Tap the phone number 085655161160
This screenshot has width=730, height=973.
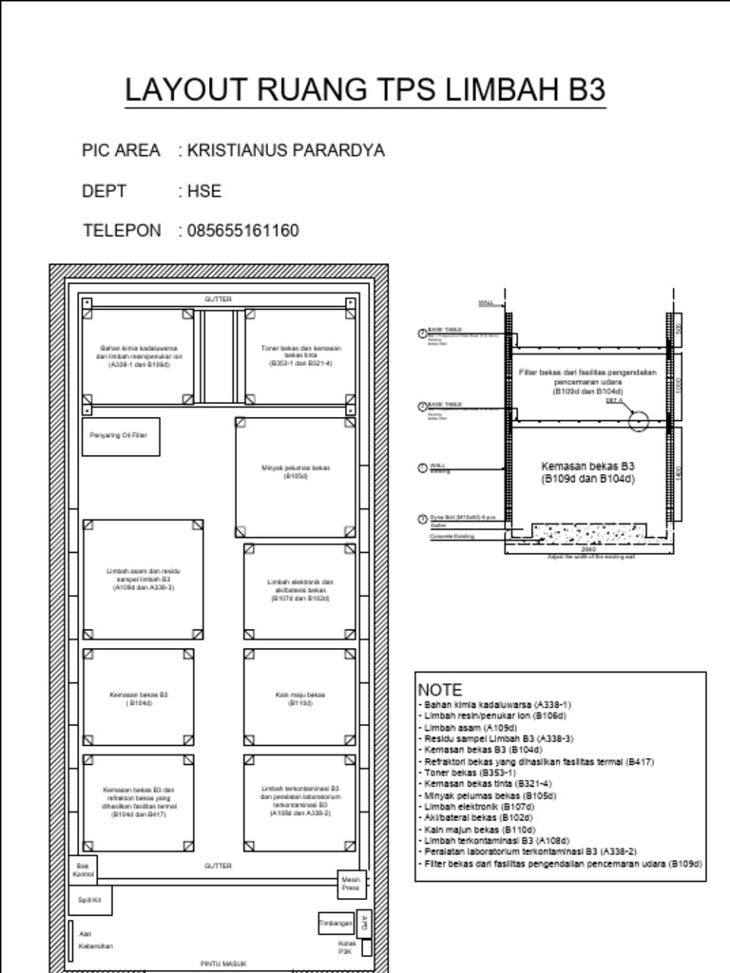coord(243,231)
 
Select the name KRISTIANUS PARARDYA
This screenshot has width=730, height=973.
coord(286,150)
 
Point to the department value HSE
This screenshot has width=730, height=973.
coord(204,191)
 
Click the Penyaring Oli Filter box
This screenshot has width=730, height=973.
coord(120,436)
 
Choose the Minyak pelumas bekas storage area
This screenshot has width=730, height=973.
coord(296,472)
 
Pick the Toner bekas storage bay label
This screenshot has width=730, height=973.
coord(300,356)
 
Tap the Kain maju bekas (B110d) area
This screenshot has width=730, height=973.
coord(300,698)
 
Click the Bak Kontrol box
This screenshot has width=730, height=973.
coord(83,869)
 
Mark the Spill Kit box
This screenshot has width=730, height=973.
coord(90,899)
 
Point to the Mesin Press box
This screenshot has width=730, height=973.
coord(351,884)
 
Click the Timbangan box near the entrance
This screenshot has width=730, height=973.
coord(335,923)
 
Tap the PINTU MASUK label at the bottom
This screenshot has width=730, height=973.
coord(224,963)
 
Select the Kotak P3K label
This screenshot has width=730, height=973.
coord(346,946)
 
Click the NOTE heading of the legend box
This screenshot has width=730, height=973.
coord(440,690)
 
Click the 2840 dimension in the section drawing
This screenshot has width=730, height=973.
coord(588,548)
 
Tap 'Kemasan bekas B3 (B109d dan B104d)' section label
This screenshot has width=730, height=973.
coord(587,472)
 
